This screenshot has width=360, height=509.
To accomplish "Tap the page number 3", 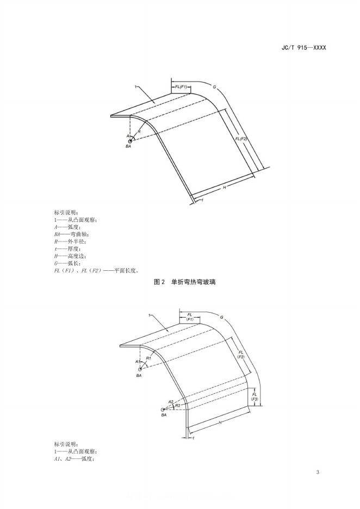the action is (x=318, y=471).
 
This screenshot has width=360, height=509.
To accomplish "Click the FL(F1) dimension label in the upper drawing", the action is (x=181, y=87).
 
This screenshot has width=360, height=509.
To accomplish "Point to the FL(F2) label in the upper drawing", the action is (x=241, y=139).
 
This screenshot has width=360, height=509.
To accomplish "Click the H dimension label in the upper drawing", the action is (x=224, y=187).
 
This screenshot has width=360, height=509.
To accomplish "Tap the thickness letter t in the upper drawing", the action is (x=202, y=200).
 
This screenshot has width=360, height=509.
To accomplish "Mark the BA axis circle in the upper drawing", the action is (x=130, y=141).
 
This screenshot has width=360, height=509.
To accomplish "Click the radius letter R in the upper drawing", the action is (x=140, y=131).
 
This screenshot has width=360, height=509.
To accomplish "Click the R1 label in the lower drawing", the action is (x=148, y=359).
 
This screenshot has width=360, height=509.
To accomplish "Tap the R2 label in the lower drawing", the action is (x=177, y=405).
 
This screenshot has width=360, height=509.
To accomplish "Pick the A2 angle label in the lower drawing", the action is (x=171, y=401).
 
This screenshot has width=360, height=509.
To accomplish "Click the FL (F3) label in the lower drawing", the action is (x=255, y=396).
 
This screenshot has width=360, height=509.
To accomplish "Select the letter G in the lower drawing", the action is (x=222, y=316).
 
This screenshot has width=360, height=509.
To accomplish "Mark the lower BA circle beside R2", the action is (x=162, y=409).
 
